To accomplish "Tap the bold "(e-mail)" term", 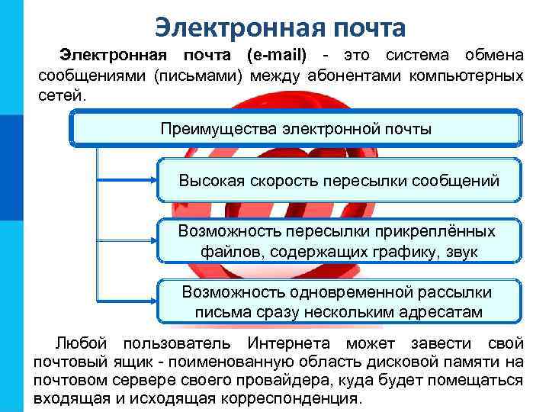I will tap(277, 55).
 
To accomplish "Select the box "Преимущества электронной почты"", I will tap(296, 128).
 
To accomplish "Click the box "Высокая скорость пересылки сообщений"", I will tap(339, 181).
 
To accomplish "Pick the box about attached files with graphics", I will tap(339, 241).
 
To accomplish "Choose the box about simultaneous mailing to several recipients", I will tap(339, 302).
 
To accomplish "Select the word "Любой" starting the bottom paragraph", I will tap(79, 343).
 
